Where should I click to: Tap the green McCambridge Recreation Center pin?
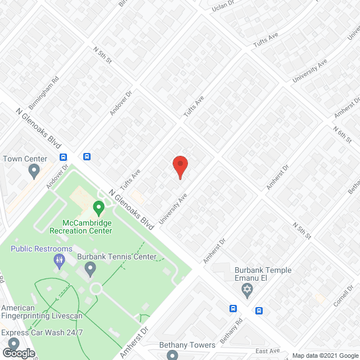point(99,209)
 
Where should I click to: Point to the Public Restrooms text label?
point(42,249)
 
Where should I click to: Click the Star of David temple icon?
point(246,291)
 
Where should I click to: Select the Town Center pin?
point(34,170)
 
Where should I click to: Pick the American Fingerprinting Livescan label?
point(42,312)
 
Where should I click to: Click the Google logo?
point(18,353)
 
